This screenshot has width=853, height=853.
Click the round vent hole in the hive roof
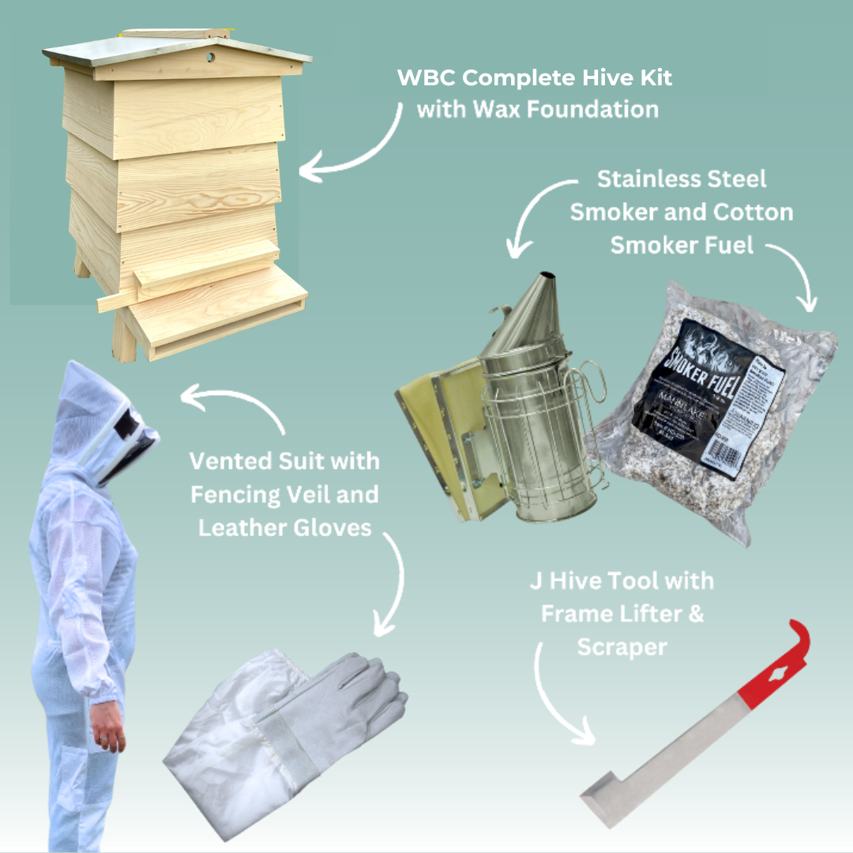point(211,58)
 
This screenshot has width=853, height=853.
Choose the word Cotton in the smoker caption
point(753,212)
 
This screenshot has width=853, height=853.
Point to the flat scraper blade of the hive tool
point(608,798)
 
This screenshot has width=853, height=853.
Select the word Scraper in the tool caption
point(622,647)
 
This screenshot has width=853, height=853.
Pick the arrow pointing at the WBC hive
point(355,146)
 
